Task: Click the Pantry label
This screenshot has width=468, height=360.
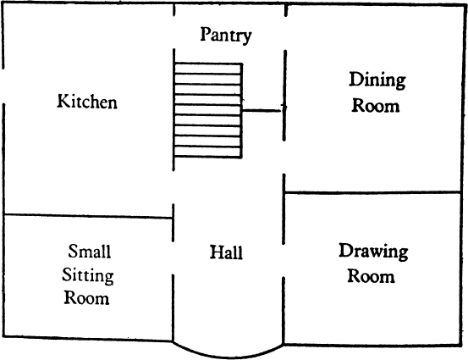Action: coord(226,36)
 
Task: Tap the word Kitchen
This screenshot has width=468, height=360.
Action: coord(87,101)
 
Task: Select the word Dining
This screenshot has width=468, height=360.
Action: coord(377,80)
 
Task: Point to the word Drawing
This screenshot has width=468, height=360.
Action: coord(373,252)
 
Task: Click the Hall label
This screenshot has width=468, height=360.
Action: coord(226,252)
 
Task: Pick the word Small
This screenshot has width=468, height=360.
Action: coord(89,251)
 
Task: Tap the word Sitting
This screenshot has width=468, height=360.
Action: coord(88,276)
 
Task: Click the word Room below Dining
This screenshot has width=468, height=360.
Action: coord(375,106)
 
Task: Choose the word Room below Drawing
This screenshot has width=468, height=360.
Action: coord(371,276)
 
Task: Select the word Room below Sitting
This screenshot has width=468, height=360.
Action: coord(86,298)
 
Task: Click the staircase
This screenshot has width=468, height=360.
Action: coord(208,110)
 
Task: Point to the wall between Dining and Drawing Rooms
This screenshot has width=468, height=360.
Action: coord(372,192)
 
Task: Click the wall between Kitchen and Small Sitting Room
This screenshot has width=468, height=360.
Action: coord(88,216)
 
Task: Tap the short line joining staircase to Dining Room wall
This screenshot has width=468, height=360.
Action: coord(262,110)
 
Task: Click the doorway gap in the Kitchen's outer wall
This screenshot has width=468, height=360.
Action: coord(3,86)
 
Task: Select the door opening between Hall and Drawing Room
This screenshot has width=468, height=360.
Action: coord(284,261)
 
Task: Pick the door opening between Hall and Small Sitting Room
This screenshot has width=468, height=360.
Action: coord(173,258)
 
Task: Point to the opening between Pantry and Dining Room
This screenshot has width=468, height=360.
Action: coord(285,34)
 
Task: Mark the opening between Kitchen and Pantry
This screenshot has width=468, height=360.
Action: coord(173,32)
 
